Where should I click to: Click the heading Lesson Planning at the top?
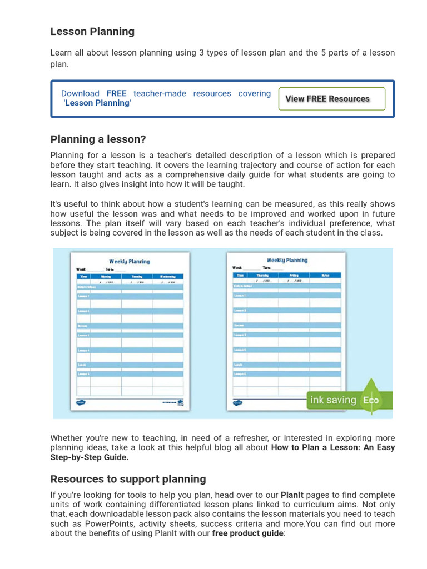(x=92, y=32)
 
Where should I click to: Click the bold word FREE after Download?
(x=116, y=94)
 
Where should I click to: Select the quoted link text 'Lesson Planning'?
(x=97, y=103)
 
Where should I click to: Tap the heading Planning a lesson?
(x=98, y=139)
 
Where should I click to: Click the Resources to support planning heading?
(x=128, y=479)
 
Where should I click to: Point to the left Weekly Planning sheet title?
(x=129, y=261)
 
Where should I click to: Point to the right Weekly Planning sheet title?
(x=287, y=260)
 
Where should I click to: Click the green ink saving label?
(x=333, y=400)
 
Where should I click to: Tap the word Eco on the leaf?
(x=371, y=400)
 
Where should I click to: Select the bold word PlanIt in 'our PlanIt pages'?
(x=292, y=495)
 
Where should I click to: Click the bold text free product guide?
(x=247, y=533)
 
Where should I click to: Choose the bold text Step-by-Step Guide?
(x=90, y=457)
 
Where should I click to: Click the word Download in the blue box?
(x=80, y=94)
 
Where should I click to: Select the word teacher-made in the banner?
(x=160, y=94)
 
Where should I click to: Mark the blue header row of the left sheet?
(x=129, y=276)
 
